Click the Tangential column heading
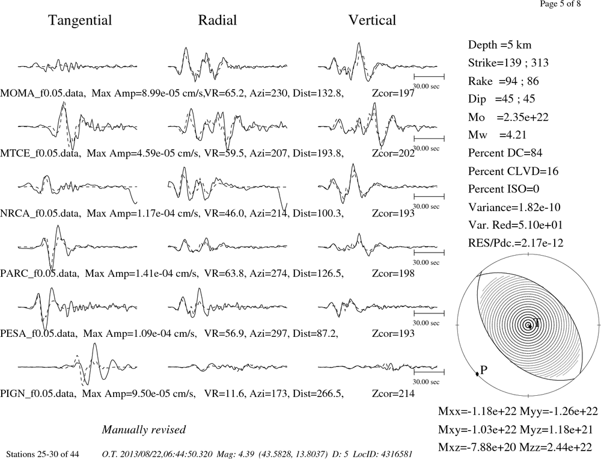(x=80, y=20)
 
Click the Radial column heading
(x=218, y=20)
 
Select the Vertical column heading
(x=372, y=20)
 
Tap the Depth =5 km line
(x=499, y=45)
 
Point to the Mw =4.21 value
(x=497, y=135)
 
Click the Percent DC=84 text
(x=505, y=153)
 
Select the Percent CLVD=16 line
(x=513, y=171)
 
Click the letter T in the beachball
(x=537, y=322)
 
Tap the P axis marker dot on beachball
(x=477, y=374)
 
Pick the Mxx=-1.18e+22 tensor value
(x=477, y=411)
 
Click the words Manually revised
(x=144, y=430)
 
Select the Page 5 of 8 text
(x=560, y=4)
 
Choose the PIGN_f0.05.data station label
(x=40, y=394)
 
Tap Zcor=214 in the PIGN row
(x=393, y=393)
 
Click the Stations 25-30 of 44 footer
(x=43, y=454)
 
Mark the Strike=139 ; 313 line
(x=508, y=63)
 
